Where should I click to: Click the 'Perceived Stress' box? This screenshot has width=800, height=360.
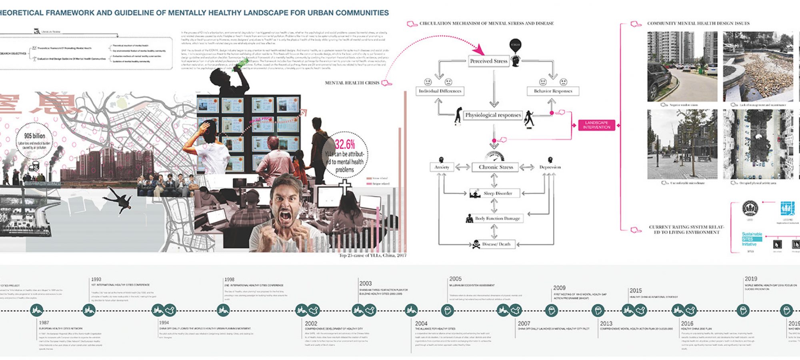click(488, 61)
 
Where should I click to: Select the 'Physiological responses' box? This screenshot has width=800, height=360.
click(493, 115)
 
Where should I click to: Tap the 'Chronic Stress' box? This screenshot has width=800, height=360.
click(496, 167)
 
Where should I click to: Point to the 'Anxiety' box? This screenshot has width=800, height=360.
click(442, 167)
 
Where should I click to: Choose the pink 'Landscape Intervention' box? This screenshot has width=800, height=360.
click(596, 125)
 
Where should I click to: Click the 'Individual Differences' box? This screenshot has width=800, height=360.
click(440, 91)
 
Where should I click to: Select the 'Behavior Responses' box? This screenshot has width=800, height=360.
click(553, 91)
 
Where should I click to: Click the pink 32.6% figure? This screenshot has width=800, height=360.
click(345, 144)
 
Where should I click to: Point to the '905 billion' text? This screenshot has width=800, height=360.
click(34, 136)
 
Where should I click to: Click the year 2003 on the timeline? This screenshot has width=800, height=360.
click(365, 283)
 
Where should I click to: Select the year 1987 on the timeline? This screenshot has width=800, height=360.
click(44, 322)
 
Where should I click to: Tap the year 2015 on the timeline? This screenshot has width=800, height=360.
click(636, 291)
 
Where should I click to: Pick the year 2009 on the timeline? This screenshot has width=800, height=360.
click(559, 288)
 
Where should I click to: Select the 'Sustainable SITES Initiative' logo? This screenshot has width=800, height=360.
click(752, 239)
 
